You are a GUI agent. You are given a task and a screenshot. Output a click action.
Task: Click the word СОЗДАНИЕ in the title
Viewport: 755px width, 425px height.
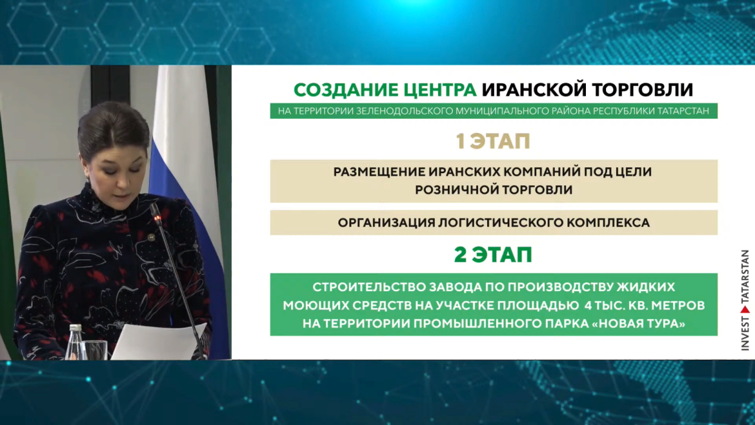346,90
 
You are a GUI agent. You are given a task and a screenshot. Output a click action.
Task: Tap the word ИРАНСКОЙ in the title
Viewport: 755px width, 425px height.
534,90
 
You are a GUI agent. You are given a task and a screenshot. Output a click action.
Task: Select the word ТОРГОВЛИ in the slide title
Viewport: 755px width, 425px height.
642,90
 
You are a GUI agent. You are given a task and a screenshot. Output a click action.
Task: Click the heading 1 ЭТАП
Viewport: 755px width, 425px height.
493,141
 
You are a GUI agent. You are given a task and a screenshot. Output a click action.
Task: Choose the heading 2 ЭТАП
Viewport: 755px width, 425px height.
493,254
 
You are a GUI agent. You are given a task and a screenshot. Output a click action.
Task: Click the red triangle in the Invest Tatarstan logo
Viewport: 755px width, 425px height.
745,309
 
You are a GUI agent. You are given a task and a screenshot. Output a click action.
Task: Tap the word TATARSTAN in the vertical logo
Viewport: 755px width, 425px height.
745,276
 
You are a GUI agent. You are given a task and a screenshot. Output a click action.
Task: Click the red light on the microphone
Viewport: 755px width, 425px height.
157,219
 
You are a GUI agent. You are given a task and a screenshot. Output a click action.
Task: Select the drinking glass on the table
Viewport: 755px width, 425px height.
96,350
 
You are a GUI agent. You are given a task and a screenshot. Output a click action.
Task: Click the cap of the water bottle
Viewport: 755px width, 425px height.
75,327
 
